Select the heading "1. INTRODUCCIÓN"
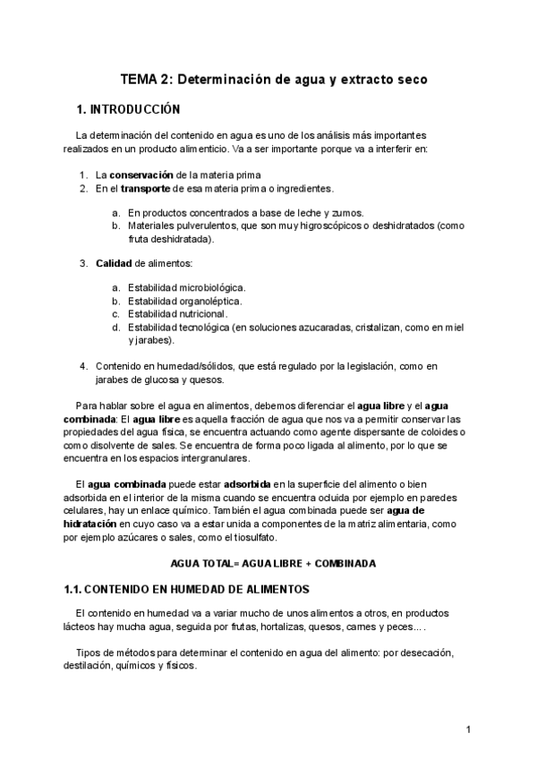(129, 110)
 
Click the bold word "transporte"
(148, 189)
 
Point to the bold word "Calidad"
(114, 263)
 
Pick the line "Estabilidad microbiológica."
(186, 287)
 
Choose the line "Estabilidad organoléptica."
(184, 301)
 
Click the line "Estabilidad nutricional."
(178, 314)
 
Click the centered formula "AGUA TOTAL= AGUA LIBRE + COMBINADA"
(273, 563)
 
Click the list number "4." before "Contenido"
(83, 366)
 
